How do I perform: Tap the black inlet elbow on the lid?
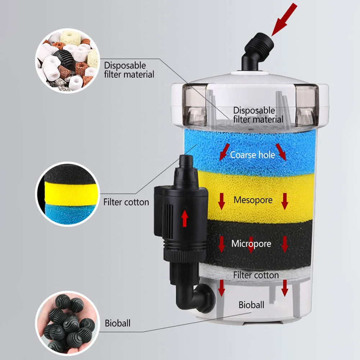coord(257,52)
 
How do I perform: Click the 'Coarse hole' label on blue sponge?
coord(252,155)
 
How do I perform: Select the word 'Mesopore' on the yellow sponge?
coord(253,200)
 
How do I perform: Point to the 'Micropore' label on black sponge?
coord(251,244)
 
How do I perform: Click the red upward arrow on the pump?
coord(184,219)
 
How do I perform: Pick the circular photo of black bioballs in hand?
coord(67,323)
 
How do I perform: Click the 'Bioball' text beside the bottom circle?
coord(118,323)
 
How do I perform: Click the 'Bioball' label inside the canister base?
coord(251,305)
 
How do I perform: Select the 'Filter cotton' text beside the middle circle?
coord(126,202)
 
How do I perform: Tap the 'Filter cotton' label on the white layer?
coord(256,275)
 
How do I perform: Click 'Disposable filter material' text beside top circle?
coord(129,70)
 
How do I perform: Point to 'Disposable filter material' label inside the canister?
coord(258,115)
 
